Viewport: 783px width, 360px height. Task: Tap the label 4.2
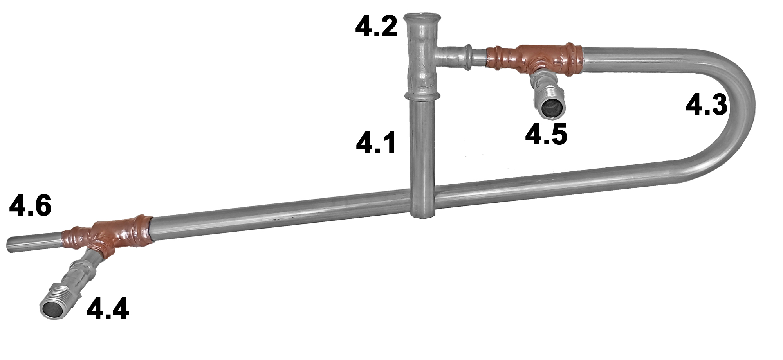click(x=376, y=27)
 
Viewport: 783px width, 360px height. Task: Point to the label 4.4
click(x=108, y=309)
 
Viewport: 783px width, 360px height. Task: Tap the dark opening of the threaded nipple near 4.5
click(x=551, y=107)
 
